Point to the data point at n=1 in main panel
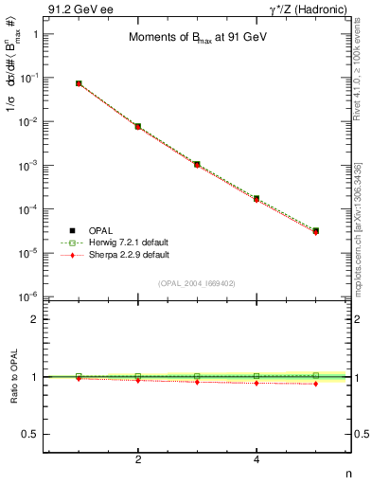coord(79,83)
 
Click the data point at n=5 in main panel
coord(316,230)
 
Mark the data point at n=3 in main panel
coord(197,164)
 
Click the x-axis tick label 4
coord(257,459)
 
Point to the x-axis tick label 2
coord(138,459)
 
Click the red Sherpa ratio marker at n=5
coord(316,384)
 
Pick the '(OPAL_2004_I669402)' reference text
coord(196,282)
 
